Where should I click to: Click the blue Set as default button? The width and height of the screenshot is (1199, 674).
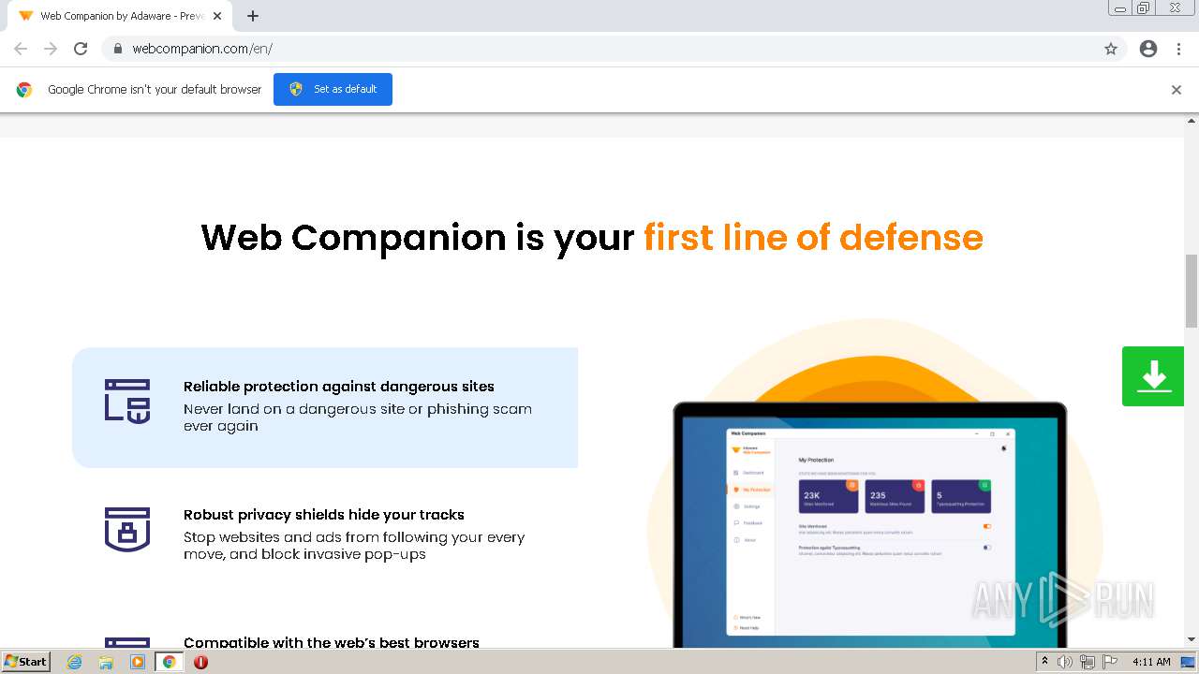[x=333, y=89]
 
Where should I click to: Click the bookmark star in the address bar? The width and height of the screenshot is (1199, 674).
[x=1111, y=49]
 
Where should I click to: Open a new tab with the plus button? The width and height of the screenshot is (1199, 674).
[x=253, y=16]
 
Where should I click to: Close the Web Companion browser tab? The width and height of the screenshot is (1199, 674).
[x=217, y=16]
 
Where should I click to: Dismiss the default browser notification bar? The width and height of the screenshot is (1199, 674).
[x=1176, y=90]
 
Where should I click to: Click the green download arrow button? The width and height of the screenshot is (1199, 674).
[x=1153, y=376]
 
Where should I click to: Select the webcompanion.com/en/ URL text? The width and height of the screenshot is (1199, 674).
[x=202, y=49]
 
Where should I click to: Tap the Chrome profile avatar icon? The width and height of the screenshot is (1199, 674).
[x=1148, y=49]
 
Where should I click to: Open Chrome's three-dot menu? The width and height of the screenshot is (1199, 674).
[x=1178, y=49]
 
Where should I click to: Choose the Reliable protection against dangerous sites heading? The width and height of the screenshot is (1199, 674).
[x=338, y=387]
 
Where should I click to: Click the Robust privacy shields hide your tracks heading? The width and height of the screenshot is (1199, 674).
[x=323, y=515]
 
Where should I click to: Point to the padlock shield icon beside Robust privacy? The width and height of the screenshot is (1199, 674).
[x=127, y=529]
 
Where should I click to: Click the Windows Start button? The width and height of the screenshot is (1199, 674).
[x=26, y=662]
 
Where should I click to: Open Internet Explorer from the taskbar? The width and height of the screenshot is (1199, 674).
[x=74, y=662]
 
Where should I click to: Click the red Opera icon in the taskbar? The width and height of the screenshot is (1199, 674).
[x=200, y=662]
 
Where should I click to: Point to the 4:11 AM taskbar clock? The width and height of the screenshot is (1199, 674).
[x=1151, y=662]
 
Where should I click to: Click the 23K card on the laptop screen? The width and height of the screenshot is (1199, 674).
[x=828, y=497]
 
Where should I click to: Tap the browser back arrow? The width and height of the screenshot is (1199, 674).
[x=21, y=49]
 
